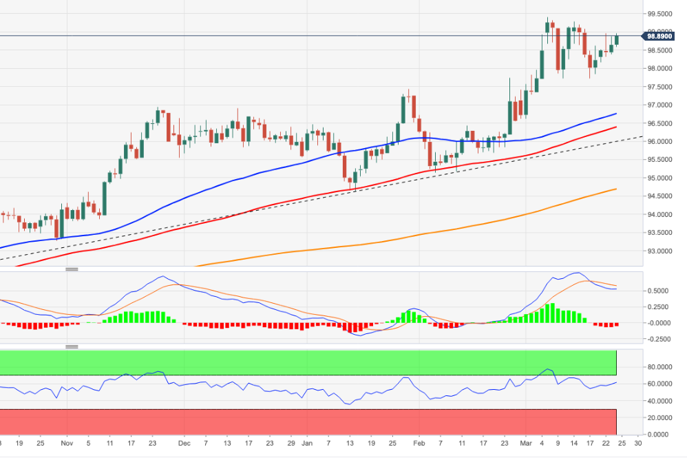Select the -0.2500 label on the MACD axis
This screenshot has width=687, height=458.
click(659, 339)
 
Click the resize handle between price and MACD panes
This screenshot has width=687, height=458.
click(72, 269)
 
